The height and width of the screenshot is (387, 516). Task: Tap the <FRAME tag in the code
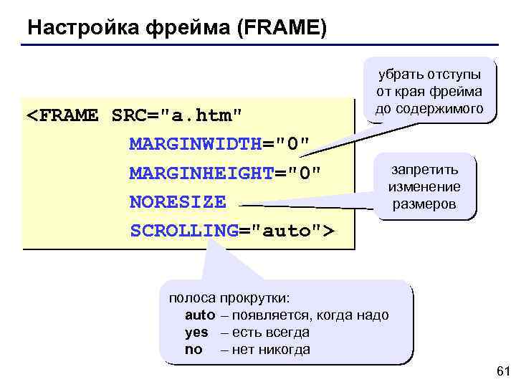[x=62, y=115]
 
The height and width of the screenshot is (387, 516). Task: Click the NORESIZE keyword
[x=177, y=202]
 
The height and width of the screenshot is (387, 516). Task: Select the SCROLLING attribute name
[x=184, y=231]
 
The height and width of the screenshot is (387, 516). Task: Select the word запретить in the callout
[x=424, y=171]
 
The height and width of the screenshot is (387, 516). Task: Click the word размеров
[x=424, y=204]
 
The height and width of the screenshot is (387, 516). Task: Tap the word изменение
[x=424, y=187]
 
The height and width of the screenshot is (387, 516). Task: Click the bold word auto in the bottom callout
[x=200, y=315]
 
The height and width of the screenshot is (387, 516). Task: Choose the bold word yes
[x=196, y=333]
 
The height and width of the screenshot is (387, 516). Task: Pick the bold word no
[x=193, y=350]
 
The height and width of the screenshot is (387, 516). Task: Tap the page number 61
[x=502, y=371]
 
